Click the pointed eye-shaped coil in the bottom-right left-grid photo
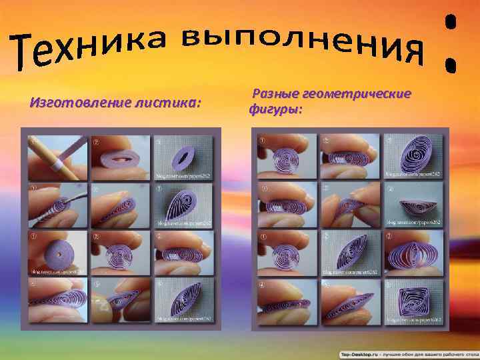pos(183,299)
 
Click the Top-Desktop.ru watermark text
pos(360,354)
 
